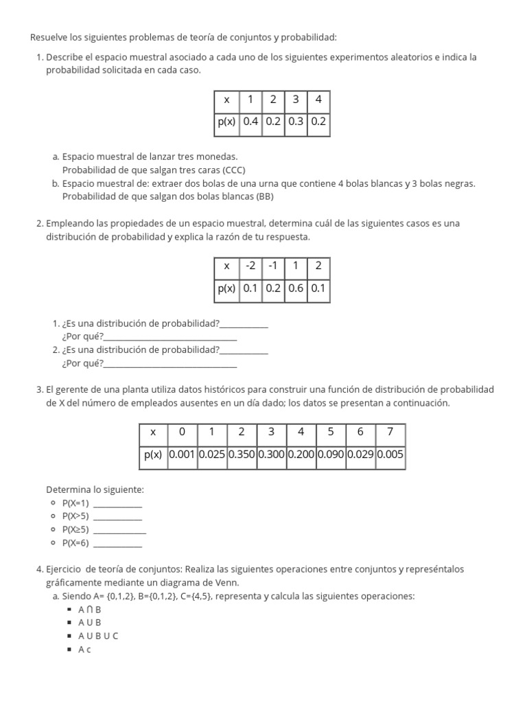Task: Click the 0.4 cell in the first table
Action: click(250, 122)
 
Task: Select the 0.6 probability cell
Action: click(296, 288)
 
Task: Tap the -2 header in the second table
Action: click(250, 266)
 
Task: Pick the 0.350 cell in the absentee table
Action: click(242, 454)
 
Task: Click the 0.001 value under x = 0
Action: click(182, 454)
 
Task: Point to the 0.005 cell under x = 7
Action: click(390, 454)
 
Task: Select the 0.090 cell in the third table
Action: click(331, 454)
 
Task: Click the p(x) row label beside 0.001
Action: click(153, 454)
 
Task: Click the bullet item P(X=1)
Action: click(75, 503)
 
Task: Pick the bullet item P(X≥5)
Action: click(75, 529)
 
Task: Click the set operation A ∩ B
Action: click(90, 609)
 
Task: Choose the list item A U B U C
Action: click(98, 636)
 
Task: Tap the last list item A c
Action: click(84, 649)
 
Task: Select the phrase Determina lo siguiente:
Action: click(95, 489)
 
